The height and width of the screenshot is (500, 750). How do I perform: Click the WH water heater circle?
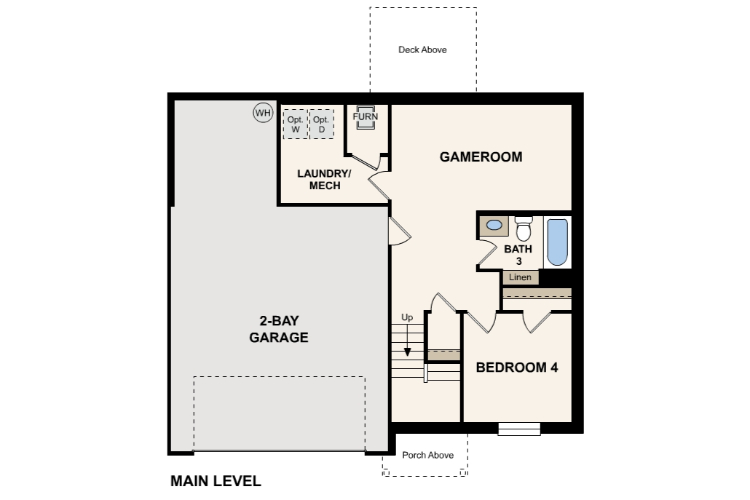coord(262,113)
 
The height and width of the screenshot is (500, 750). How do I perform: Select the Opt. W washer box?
coord(295,124)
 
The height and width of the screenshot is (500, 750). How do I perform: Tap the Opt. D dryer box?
coord(321,124)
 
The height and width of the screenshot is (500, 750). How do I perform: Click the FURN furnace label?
coord(365,117)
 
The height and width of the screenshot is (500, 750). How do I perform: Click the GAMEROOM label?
coord(481,157)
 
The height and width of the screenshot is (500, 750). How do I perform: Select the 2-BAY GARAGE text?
coord(278,329)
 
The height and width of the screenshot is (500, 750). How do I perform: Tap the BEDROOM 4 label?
coord(516,367)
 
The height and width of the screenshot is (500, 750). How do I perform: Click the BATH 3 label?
coord(518,254)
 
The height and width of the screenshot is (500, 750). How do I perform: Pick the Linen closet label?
coord(520,277)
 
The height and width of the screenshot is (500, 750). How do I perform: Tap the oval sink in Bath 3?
coord(493,227)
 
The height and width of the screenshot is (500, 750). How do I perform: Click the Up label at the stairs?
coord(407,317)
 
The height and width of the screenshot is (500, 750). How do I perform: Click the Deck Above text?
coord(423,49)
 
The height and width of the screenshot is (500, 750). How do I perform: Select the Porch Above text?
coord(428,455)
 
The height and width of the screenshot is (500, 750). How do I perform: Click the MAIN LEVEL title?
coord(215,481)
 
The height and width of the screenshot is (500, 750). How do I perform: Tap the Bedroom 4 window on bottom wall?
coord(520,429)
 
